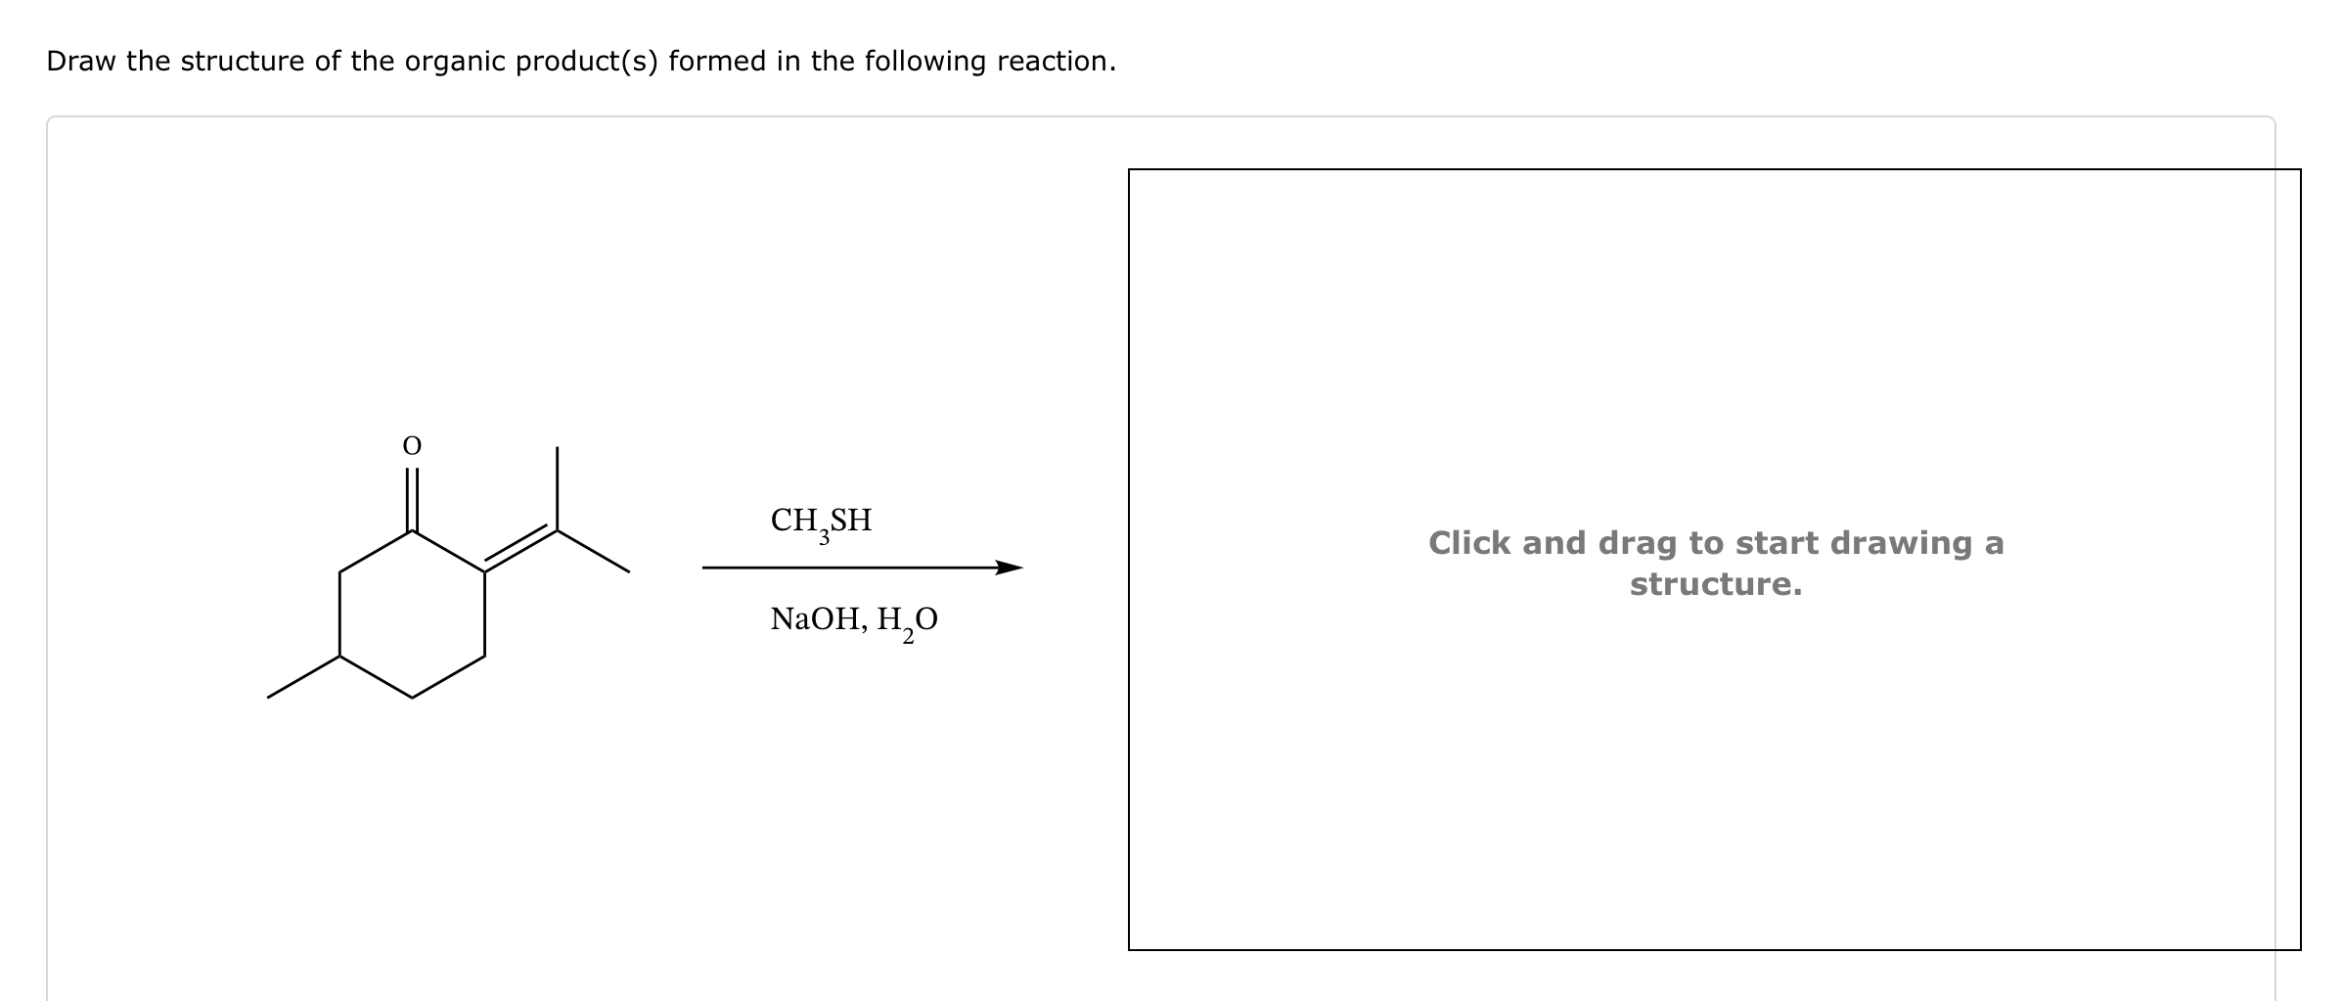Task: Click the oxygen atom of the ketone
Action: tap(412, 446)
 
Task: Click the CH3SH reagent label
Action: tap(821, 521)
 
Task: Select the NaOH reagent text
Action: tap(813, 619)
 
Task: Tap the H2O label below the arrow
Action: tap(908, 620)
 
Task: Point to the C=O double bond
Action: tap(412, 500)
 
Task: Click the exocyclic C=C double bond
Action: tap(520, 550)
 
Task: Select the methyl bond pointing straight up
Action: tap(558, 489)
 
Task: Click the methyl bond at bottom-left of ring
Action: tap(303, 677)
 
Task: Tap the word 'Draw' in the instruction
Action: tap(81, 62)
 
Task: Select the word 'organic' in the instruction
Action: tap(454, 62)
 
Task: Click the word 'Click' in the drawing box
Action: tap(1470, 543)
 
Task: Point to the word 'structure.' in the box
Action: tap(1715, 585)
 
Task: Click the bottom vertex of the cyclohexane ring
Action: tap(412, 698)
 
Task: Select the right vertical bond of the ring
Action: tap(485, 614)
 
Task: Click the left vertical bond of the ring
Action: tap(339, 614)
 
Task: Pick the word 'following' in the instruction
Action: tap(911, 62)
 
